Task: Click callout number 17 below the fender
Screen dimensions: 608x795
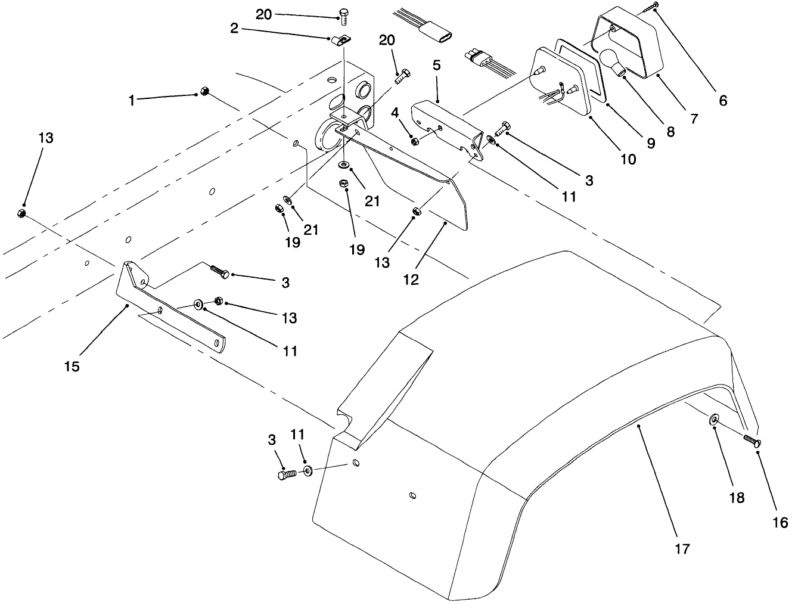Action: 682,548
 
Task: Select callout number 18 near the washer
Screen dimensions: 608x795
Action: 737,498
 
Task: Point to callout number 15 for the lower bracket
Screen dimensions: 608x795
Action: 72,366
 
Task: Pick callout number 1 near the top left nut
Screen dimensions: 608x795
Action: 132,101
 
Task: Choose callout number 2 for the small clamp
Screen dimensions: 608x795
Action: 234,29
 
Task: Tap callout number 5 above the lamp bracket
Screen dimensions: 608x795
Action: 437,65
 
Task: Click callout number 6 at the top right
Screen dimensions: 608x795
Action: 723,100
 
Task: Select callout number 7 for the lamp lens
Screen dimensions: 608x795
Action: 694,118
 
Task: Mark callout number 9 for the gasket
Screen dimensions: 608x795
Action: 650,143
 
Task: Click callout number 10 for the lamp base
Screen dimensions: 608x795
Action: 628,159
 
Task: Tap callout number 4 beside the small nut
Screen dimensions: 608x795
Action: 395,112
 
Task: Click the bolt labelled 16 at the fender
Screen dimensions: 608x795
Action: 752,441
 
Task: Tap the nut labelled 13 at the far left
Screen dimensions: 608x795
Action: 20,213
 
